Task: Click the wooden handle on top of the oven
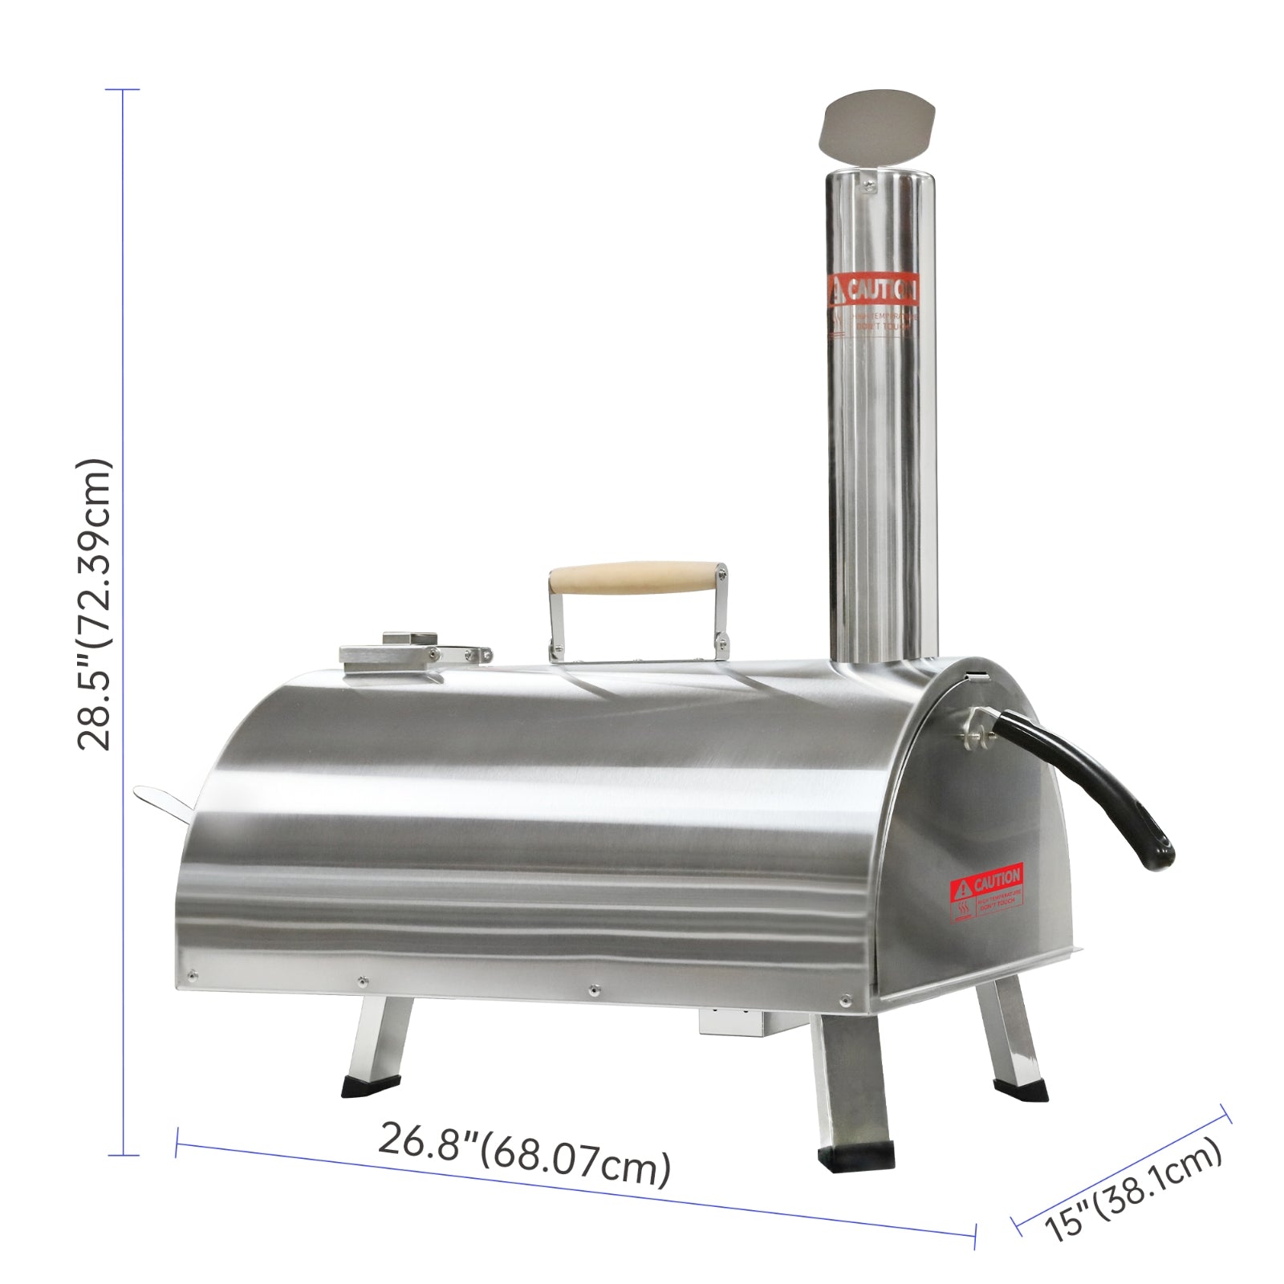(x=634, y=578)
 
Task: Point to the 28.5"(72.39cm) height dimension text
(x=95, y=603)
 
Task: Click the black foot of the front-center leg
(x=856, y=1155)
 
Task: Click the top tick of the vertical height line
(x=123, y=90)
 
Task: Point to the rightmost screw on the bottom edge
(x=844, y=999)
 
